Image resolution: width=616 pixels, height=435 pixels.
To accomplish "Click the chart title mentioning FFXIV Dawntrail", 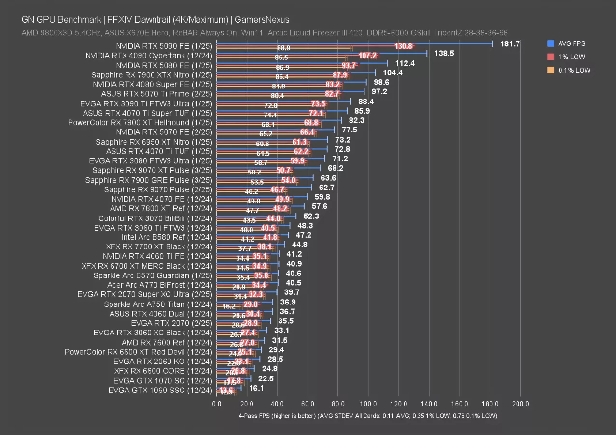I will point(155,20).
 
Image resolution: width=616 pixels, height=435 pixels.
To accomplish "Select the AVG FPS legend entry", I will point(572,43).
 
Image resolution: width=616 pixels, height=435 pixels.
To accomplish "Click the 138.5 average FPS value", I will point(444,54).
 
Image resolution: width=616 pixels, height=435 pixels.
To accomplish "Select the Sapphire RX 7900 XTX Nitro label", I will point(152,75).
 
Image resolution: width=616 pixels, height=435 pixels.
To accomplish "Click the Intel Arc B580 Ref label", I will point(167,237).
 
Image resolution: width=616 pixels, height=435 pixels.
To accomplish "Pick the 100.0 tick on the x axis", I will point(368,404).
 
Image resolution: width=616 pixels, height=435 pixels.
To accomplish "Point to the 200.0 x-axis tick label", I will point(520,404).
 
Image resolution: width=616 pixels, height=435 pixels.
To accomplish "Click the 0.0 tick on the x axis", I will point(217,404).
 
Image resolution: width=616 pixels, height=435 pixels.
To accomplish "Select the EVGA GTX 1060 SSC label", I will point(160,390).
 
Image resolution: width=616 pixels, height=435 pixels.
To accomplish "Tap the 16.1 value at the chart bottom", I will point(256,388).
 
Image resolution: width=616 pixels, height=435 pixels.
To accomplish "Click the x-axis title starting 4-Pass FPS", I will point(368,415).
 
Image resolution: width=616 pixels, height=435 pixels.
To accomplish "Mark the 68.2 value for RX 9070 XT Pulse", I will point(336,168).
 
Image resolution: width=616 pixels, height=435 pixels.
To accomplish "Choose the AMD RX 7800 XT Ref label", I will point(161,208).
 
